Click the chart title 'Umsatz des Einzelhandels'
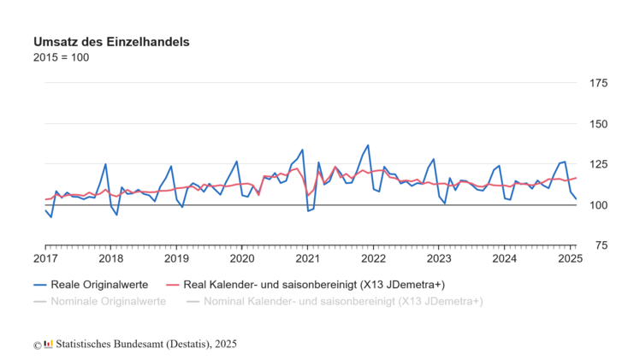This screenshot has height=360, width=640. point(111,41)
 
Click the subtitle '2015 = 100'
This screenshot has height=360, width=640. point(61,58)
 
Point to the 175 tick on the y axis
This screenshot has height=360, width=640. point(596,83)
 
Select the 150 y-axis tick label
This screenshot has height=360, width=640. point(596,124)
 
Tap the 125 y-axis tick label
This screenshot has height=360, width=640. point(596,164)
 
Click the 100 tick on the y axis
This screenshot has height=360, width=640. point(596,205)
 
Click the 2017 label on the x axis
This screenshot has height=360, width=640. point(45,258)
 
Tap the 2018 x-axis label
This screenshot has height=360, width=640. point(111,258)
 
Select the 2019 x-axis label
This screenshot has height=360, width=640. point(176,258)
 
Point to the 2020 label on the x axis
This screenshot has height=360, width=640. point(242,258)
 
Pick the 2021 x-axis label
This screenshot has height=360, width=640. point(308,258)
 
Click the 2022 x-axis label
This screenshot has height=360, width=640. point(373,258)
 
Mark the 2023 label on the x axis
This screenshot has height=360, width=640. point(439,258)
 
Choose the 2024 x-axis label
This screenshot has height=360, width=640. point(505,258)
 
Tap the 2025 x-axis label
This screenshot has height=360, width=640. point(569,258)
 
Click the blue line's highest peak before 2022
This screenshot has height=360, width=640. point(368,145)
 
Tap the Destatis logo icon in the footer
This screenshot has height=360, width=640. point(48,344)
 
